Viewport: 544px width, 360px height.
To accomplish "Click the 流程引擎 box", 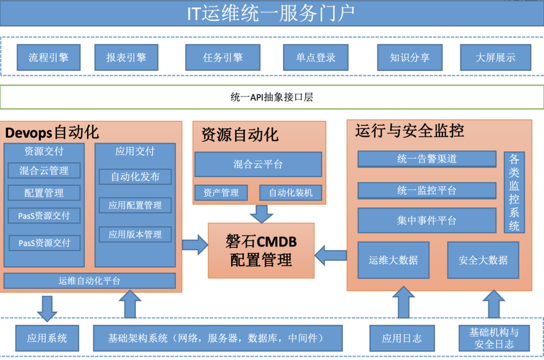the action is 48,57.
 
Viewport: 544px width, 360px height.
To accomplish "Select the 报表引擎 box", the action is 126,57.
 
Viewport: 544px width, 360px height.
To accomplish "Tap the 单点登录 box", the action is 316,57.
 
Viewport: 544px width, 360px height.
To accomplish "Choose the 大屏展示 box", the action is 496,57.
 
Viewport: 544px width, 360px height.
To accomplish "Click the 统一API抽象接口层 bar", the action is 272,97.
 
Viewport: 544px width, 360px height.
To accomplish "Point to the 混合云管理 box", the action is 44,171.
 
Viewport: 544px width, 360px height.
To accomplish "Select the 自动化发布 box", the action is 135,177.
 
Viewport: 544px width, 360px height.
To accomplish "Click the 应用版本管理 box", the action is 135,235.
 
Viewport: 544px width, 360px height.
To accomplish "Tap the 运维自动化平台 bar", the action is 90,281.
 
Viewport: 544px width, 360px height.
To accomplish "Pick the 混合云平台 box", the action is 258,165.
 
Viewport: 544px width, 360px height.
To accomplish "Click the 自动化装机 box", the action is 291,193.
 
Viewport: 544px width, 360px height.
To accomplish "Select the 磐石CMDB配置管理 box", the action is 261,251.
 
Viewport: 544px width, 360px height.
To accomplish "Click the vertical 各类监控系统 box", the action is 514,192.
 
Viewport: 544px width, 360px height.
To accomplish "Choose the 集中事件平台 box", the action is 427,221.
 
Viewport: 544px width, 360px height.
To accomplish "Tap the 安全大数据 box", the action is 483,260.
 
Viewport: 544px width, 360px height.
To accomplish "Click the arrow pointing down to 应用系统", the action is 47,309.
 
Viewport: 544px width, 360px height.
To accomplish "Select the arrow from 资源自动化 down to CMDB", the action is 261,214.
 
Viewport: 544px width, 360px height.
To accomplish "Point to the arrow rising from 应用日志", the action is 403,302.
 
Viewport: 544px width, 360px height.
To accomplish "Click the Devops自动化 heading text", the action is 52,133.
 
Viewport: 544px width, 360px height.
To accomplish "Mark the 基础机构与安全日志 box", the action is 494,338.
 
